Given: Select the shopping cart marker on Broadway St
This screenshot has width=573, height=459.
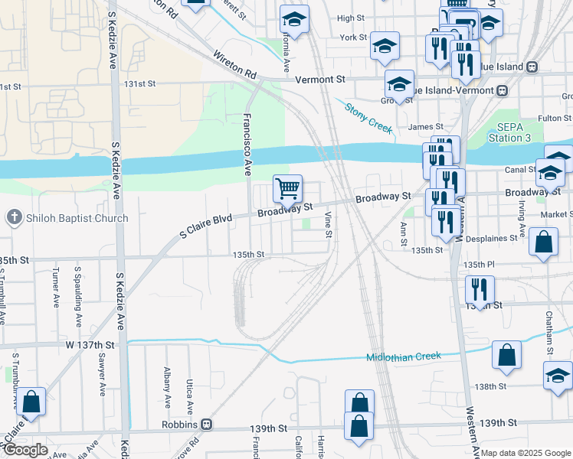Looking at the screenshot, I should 288,188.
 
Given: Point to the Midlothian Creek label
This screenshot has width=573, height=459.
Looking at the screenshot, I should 404,356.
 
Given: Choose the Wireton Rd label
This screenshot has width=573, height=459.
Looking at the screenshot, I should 234,66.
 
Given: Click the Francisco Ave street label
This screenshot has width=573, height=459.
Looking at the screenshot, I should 247,145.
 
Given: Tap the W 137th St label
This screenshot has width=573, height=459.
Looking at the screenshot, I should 90,345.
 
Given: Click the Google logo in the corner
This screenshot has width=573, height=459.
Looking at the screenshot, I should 25,450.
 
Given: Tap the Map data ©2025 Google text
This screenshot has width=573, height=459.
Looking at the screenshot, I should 526,453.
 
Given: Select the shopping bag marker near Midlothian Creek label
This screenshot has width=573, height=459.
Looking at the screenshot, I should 506,355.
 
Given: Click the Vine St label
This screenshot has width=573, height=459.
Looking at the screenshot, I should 328,224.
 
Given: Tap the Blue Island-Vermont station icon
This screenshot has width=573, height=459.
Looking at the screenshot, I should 503,90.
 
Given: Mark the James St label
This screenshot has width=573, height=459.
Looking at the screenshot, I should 426,127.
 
